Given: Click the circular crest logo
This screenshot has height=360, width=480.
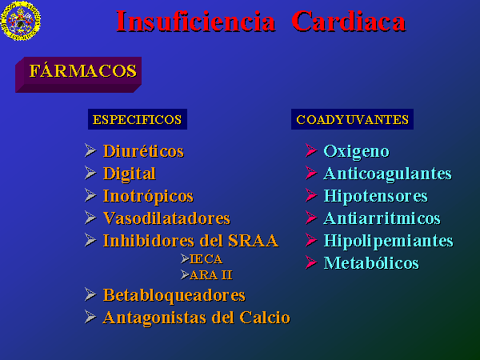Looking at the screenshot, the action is point(21,21).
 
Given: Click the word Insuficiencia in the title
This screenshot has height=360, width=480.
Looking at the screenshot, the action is point(196,21).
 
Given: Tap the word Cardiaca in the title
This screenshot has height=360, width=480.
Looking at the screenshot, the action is point(349,21).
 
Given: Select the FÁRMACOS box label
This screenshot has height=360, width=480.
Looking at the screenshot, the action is point(82,70).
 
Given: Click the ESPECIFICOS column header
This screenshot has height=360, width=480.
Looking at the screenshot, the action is point(137,119).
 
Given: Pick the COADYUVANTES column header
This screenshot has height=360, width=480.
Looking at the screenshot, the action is point(352,119).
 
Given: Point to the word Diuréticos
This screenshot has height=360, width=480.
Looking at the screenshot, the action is point(143,151).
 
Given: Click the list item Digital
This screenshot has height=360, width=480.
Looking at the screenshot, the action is point(129,174).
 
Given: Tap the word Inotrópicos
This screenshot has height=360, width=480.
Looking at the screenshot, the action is point(148,196).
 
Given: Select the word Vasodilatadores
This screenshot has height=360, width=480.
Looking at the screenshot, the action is point(166,218).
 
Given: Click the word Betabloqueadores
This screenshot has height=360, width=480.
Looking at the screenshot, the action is point(174,295).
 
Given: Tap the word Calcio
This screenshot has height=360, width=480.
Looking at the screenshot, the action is point(265,318).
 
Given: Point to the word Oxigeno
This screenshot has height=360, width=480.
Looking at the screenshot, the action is point(356,151).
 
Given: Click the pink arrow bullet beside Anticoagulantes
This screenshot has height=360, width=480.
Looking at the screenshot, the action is point(311,174).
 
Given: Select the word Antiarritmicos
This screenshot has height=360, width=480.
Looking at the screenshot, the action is point(382,218).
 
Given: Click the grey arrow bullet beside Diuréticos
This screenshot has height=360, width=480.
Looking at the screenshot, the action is point(90,150).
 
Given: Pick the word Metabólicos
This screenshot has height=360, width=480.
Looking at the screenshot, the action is point(371,263).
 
